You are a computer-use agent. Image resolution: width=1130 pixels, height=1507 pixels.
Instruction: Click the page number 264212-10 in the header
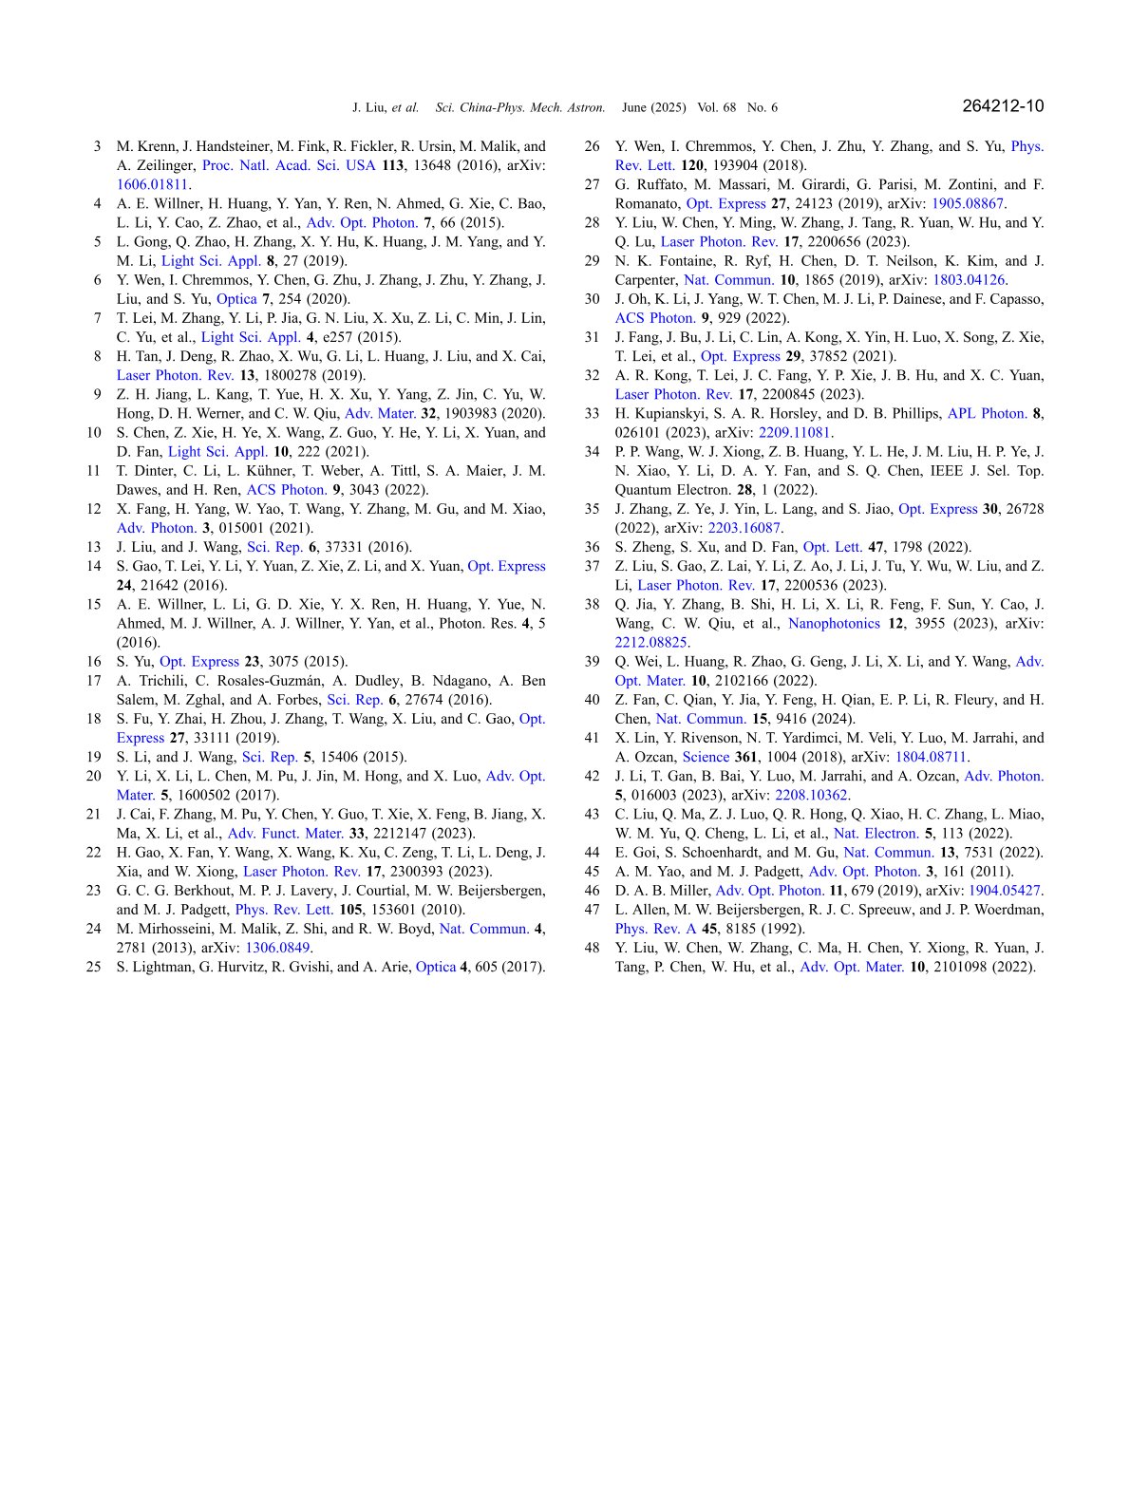1002,106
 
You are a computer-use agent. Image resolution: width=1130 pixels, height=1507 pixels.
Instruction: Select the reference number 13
93,547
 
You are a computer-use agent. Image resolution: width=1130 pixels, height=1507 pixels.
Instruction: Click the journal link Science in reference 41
706,757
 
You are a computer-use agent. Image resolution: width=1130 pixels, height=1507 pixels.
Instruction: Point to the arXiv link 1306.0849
277,948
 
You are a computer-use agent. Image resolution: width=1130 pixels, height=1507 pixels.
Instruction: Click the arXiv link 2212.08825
650,642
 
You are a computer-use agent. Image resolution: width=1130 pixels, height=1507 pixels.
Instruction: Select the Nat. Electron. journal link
876,833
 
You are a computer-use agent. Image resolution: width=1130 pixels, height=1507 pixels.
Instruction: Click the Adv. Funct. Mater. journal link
285,833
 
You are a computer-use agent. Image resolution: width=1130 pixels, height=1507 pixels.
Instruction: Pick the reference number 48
593,948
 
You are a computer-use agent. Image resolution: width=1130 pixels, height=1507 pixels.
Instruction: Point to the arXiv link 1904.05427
1004,891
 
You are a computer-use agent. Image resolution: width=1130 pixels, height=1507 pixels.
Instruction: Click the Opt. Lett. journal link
832,547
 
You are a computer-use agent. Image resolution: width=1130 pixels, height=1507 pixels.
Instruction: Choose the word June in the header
634,108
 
